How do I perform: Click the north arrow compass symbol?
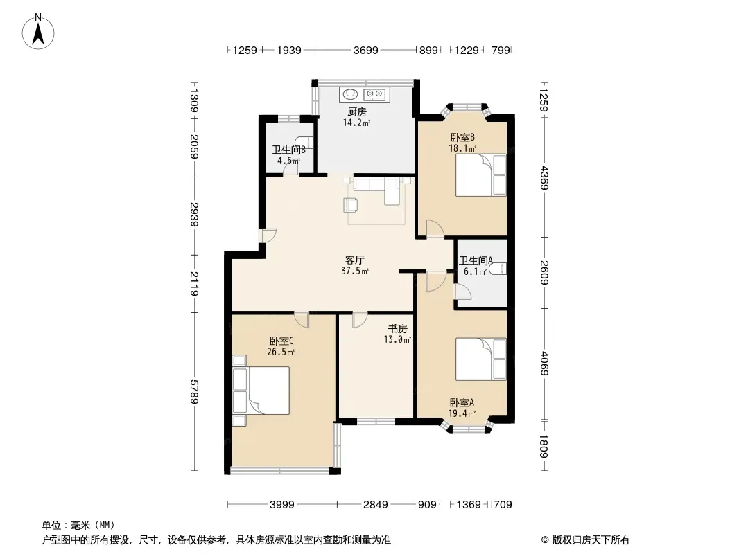click(x=38, y=31)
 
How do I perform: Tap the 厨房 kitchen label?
click(x=357, y=112)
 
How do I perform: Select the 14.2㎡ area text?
click(x=356, y=123)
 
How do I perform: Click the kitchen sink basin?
click(x=350, y=94)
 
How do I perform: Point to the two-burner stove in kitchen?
click(x=375, y=95)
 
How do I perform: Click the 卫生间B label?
click(x=289, y=150)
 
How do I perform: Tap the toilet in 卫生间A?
click(x=498, y=269)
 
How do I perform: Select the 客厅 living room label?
click(x=355, y=260)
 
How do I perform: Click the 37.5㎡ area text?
click(x=355, y=271)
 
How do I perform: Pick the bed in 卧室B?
click(x=480, y=175)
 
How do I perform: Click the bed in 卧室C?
click(x=261, y=391)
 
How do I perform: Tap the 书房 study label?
click(x=398, y=328)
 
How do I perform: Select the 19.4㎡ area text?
click(x=462, y=414)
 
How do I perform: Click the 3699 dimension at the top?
click(x=366, y=50)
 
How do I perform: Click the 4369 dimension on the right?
click(x=544, y=178)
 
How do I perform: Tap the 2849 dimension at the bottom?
click(x=376, y=505)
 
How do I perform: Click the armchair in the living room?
click(x=351, y=204)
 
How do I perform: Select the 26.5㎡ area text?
click(x=281, y=352)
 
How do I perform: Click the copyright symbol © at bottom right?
click(x=545, y=540)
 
